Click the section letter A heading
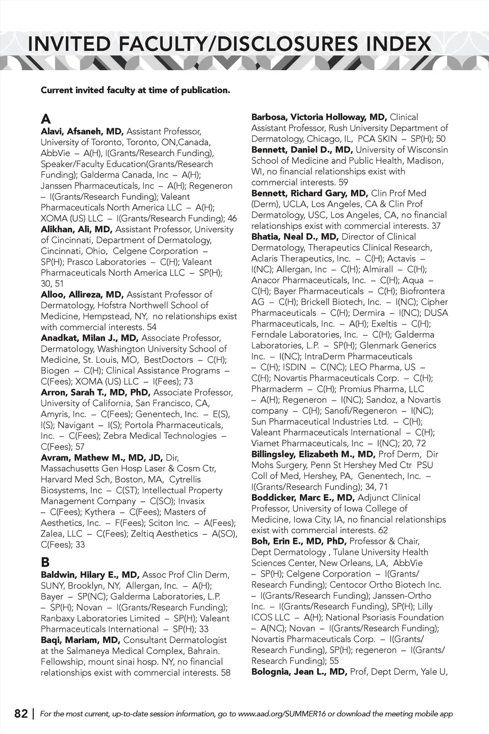[46, 119]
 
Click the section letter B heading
[45, 562]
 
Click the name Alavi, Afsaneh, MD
[82, 131]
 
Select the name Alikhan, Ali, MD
[76, 229]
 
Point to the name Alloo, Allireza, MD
[82, 295]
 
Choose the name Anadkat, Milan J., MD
[89, 338]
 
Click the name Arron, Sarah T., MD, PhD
[96, 393]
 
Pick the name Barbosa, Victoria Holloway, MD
[319, 117]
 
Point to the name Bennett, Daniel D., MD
[309, 150]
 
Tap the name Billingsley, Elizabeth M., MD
[313, 454]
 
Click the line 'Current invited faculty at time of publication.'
[135, 90]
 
